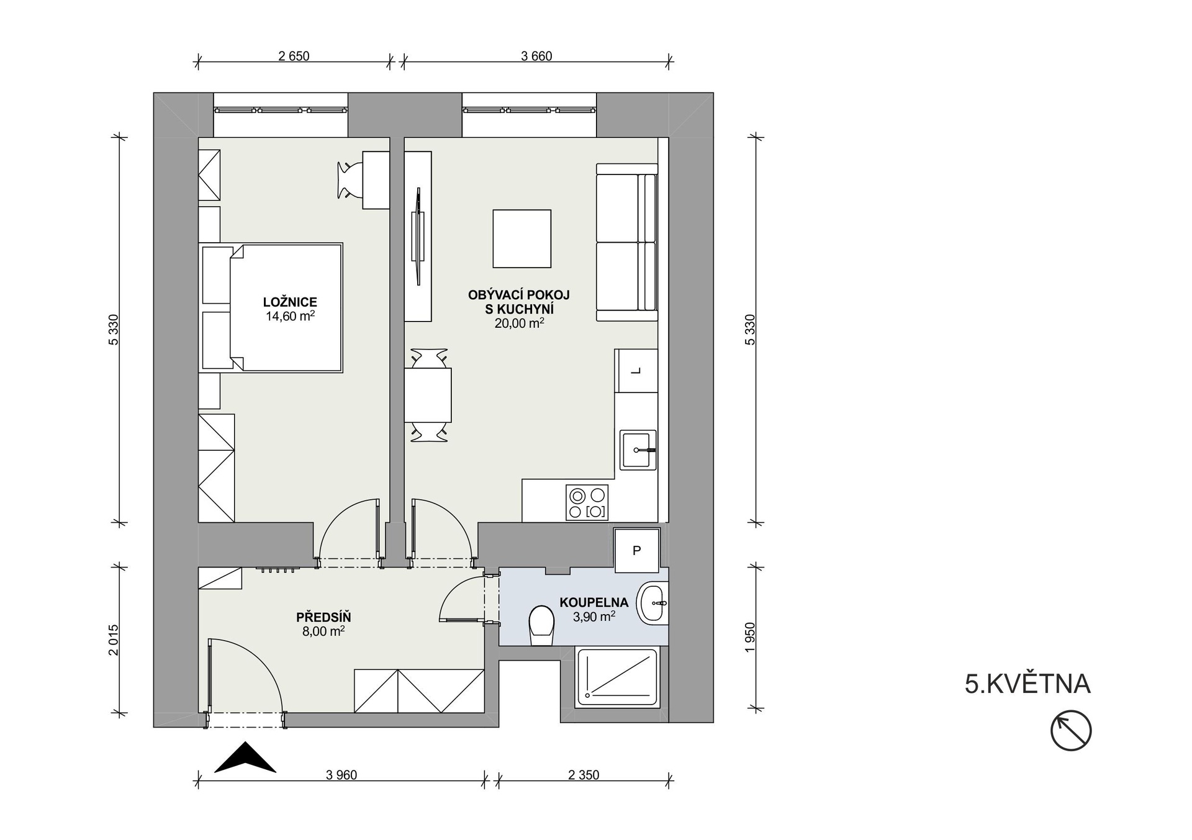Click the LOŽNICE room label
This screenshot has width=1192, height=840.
coord(290,302)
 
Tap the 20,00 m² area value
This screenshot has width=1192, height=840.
coord(519,323)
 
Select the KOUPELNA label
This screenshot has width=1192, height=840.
coord(594,602)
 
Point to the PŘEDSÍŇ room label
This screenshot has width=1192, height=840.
coord(323,617)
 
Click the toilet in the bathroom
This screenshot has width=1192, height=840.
coord(541,626)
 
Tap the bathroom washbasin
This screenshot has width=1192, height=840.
coord(652,602)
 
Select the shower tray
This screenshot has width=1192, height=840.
coord(618,677)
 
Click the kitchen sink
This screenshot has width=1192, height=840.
coord(637,449)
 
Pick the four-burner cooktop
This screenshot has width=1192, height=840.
coord(587,502)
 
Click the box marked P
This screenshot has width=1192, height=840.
coord(636,550)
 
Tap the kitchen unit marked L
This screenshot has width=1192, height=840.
coord(636,371)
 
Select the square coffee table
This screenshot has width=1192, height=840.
coord(522,238)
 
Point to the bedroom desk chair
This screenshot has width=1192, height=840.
coord(350,180)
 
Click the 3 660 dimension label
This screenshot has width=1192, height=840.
coord(536,56)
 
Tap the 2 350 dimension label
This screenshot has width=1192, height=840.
coord(584,775)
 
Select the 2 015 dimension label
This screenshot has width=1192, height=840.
coord(113,639)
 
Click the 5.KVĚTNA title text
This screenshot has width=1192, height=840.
coord(1027,684)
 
